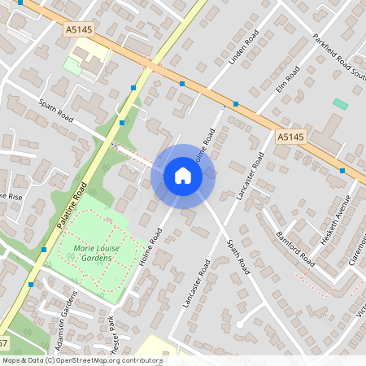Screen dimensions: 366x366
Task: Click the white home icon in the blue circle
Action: (x=182, y=175)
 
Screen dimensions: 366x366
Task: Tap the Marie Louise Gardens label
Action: (x=97, y=253)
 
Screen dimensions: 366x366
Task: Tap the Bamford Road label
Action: (x=294, y=248)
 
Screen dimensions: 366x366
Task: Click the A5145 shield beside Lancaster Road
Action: (x=290, y=137)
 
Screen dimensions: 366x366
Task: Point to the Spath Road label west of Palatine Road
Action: (x=55, y=111)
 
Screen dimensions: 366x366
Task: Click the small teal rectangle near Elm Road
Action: (x=340, y=104)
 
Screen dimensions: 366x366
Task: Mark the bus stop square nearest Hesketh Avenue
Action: (x=342, y=171)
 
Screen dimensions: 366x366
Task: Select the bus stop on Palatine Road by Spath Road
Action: (x=122, y=122)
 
